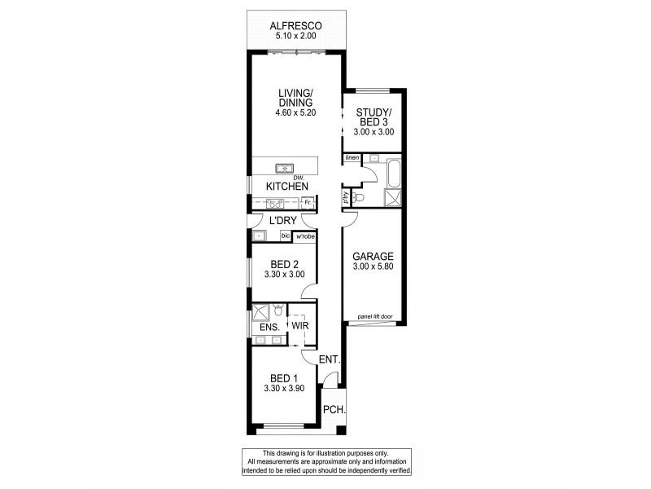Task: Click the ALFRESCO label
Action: (x=296, y=25)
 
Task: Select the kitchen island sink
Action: (x=285, y=169)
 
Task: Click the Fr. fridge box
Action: (x=308, y=202)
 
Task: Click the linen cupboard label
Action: (x=352, y=157)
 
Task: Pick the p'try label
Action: (x=346, y=198)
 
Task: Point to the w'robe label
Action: (x=304, y=236)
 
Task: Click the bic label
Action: (x=285, y=236)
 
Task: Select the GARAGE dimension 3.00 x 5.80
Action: (x=373, y=266)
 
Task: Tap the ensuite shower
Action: (x=261, y=311)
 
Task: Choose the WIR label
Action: (x=299, y=327)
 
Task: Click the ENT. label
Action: (x=330, y=359)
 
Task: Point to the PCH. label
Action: (x=334, y=411)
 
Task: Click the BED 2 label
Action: (x=284, y=263)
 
